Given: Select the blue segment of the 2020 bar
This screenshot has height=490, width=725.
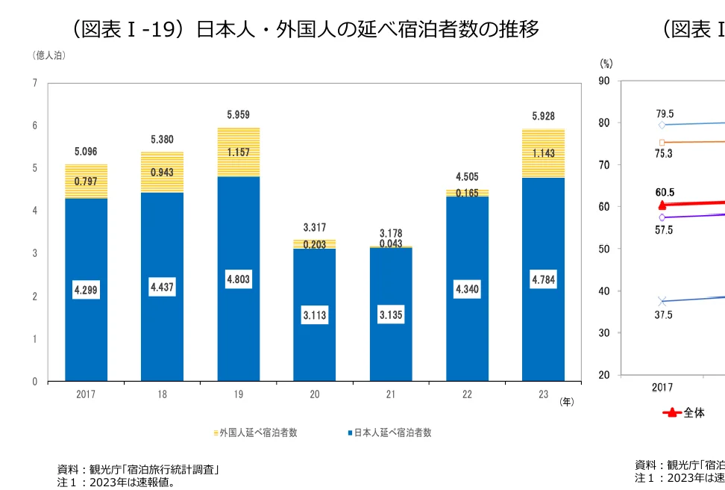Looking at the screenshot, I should pos(315,314).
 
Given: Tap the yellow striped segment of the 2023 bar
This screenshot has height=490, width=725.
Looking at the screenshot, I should pos(542,153).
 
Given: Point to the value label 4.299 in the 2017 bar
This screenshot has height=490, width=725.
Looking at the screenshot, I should pos(86,291).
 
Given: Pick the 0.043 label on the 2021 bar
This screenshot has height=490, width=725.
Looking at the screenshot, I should pos(391,244).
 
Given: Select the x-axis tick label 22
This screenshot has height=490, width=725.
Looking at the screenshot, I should pos(466,396).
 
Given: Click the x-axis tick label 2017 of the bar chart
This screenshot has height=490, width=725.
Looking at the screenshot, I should pos(86,396).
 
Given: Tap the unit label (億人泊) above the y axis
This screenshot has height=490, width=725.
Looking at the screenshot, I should pos(48,55).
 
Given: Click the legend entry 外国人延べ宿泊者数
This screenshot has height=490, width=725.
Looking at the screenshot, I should pos(255,432).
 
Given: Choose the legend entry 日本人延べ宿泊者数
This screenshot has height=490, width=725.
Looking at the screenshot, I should pos(389,432).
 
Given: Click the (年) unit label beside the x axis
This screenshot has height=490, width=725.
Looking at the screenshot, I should pos(567,402).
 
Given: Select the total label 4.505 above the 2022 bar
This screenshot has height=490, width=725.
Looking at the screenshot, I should pos(466,177).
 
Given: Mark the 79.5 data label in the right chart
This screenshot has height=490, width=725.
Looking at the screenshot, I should pos(665,114).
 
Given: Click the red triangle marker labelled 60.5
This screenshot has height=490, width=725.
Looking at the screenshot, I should pos(662,205).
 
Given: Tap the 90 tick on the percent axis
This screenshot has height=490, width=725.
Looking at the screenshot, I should pos(604,81).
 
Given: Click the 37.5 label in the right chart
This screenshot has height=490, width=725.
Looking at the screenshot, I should pos(663,315).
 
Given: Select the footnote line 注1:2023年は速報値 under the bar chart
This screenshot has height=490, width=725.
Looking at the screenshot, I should pos(118,482).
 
